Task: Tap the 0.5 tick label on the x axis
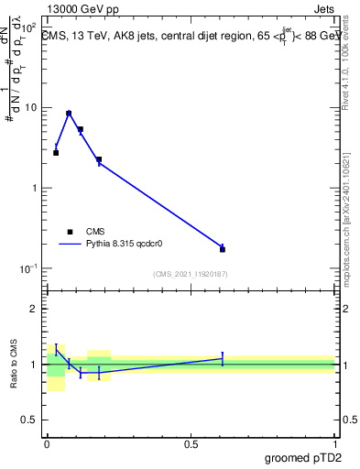click(191, 443)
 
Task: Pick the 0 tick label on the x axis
click(47, 443)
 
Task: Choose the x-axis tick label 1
click(334, 443)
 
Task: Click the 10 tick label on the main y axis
click(30, 107)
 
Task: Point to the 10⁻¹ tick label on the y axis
click(27, 267)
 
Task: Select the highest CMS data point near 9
click(69, 114)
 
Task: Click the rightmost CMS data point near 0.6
click(223, 249)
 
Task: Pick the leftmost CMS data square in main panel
click(56, 153)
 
